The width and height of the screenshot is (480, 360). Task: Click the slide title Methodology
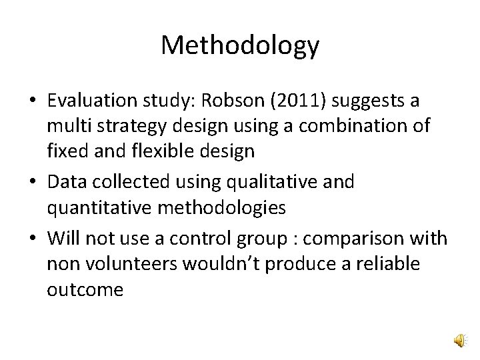point(240,46)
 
